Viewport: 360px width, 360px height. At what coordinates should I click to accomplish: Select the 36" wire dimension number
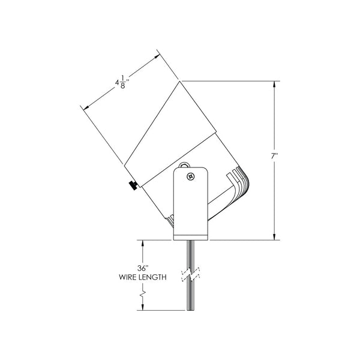pyautogui.click(x=142, y=268)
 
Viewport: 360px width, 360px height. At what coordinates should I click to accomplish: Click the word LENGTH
pyautogui.click(x=151, y=277)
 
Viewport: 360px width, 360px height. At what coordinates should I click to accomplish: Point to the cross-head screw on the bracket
pyautogui.click(x=191, y=176)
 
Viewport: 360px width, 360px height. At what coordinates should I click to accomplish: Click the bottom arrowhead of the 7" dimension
pyautogui.click(x=275, y=237)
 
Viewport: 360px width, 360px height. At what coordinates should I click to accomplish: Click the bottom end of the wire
pyautogui.click(x=191, y=310)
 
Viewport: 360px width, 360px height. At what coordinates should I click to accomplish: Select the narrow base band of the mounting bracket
pyautogui.click(x=191, y=236)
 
